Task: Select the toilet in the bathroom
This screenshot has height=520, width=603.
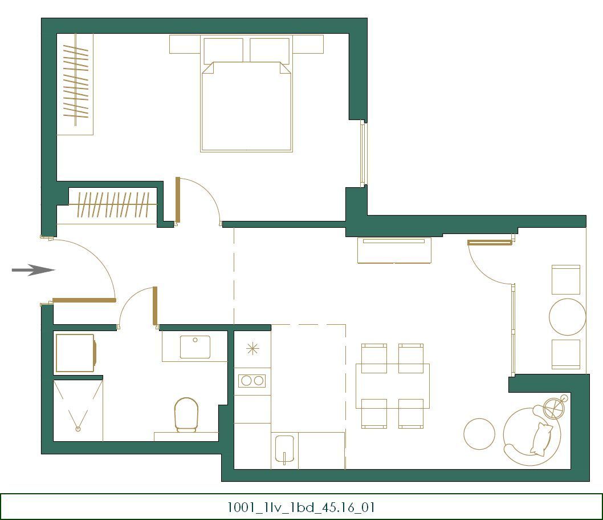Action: pyautogui.click(x=186, y=414)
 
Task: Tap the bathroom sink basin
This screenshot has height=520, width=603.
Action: pyautogui.click(x=195, y=347)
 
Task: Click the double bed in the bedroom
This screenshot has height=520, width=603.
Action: pyautogui.click(x=246, y=108)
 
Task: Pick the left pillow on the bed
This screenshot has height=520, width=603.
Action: pyautogui.click(x=223, y=50)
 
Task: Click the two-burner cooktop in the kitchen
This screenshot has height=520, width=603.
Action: pyautogui.click(x=252, y=380)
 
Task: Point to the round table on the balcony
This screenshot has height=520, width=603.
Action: pyautogui.click(x=567, y=317)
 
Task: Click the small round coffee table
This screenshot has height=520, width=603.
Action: pyautogui.click(x=479, y=434)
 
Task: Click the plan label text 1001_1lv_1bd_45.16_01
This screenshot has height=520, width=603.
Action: pyautogui.click(x=301, y=507)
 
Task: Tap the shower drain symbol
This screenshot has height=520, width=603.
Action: pyautogui.click(x=78, y=428)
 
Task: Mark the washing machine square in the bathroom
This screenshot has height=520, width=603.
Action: pyautogui.click(x=75, y=353)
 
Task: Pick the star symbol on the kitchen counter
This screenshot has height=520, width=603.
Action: pyautogui.click(x=252, y=348)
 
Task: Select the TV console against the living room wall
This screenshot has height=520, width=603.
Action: pyautogui.click(x=394, y=251)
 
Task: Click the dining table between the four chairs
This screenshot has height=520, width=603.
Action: pyautogui.click(x=392, y=385)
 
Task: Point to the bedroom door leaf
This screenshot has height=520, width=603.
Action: pyautogui.click(x=178, y=200)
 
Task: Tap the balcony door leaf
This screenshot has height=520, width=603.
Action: pyautogui.click(x=490, y=243)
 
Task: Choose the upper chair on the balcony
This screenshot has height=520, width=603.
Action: pyautogui.click(x=565, y=279)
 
